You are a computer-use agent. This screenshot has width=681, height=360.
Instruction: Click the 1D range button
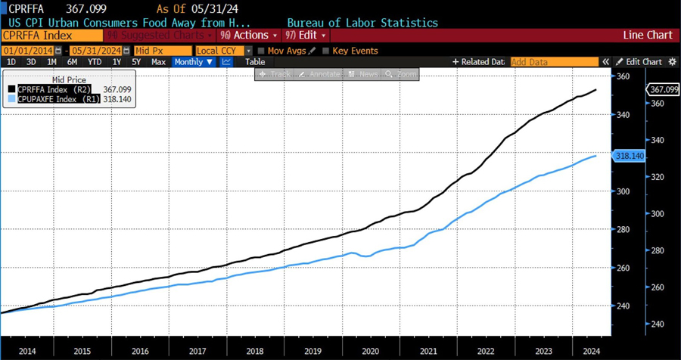11,62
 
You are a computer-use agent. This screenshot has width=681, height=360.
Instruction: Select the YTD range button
95,62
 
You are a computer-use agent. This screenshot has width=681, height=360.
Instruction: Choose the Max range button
159,62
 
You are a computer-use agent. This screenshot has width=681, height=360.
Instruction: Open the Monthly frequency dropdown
194,62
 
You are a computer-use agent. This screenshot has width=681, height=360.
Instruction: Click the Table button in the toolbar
255,62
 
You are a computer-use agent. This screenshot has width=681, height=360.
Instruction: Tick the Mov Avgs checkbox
262,51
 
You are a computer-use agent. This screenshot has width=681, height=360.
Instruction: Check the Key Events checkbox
326,51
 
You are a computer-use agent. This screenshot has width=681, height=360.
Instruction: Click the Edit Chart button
639,62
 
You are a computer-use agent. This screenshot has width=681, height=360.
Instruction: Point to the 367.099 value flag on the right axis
663,89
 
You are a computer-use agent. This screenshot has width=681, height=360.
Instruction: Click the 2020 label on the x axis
370,351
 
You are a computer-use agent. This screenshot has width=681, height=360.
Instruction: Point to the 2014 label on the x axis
27,351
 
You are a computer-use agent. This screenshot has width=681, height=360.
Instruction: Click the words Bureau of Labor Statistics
362,23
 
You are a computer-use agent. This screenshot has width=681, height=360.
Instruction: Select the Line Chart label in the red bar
647,35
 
